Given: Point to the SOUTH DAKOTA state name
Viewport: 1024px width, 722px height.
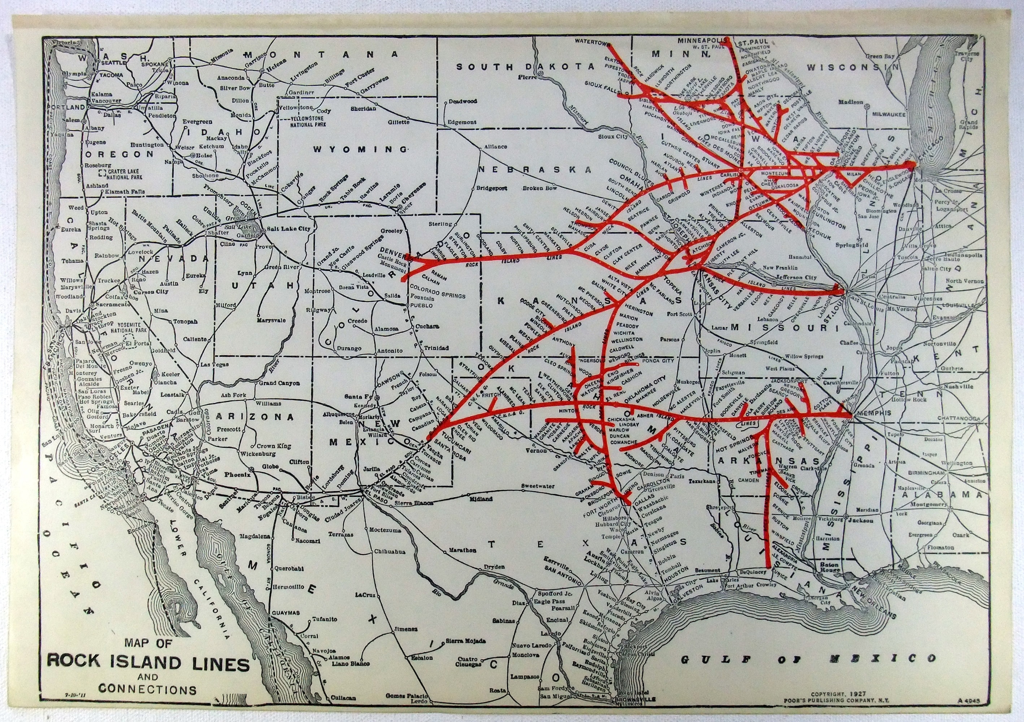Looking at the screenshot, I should click(x=525, y=66).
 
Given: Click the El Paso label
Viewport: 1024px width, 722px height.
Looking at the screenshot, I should click(x=374, y=504).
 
